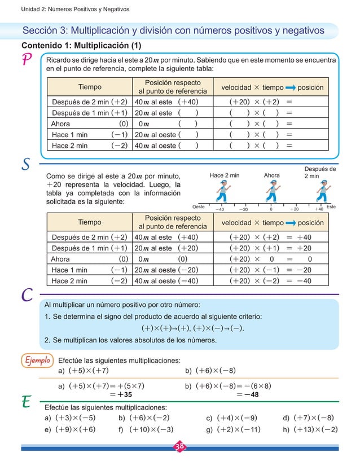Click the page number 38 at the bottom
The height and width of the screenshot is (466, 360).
180,448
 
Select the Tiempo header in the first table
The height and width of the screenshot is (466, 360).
90,87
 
